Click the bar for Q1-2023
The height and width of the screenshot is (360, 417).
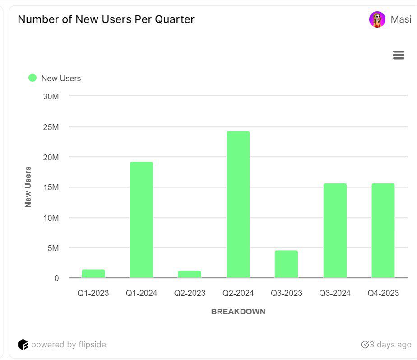[x=93, y=274]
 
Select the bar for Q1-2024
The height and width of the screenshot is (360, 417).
[x=141, y=220]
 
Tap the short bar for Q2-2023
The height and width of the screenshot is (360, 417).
[x=190, y=274]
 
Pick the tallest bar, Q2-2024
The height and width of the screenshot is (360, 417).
[x=238, y=205]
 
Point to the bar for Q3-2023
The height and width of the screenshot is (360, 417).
[x=286, y=264]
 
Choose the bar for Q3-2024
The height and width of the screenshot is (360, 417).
[x=335, y=230]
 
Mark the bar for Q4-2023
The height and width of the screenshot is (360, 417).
[x=383, y=230]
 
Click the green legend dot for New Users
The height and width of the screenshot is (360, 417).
[x=32, y=78]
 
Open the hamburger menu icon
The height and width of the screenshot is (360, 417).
[x=398, y=55]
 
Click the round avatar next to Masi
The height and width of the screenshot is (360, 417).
[x=377, y=19]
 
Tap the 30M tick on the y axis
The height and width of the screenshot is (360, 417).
[x=51, y=96]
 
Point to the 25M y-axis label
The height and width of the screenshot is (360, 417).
[x=51, y=127]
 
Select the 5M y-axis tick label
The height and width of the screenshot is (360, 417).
[x=53, y=248]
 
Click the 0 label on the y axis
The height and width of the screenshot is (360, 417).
[x=56, y=278]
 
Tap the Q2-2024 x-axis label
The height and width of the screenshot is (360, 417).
[x=238, y=293]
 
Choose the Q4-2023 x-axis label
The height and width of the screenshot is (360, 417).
[x=383, y=293]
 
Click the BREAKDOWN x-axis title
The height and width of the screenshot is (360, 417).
[x=238, y=312]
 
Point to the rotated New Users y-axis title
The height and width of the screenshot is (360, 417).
[x=28, y=187]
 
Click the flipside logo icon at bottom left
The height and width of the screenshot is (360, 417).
[x=23, y=345]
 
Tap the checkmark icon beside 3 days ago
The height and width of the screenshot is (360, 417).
[x=365, y=345]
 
